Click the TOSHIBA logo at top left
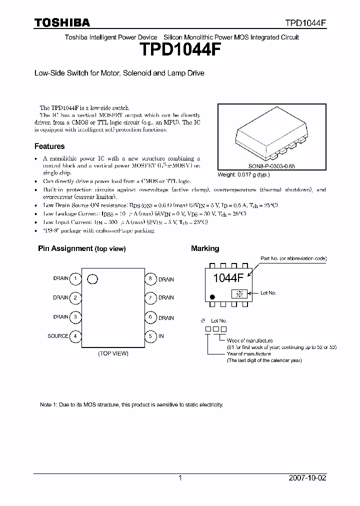62,22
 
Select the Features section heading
49,146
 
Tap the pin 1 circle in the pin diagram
75,278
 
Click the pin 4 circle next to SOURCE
75,336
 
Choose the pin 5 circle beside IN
150,336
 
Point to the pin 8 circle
150,278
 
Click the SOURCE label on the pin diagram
57,336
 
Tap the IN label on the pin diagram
161,336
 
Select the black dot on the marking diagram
212,297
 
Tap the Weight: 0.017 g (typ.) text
243,175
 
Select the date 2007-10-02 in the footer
307,478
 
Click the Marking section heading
205,248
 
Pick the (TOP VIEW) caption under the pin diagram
113,353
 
